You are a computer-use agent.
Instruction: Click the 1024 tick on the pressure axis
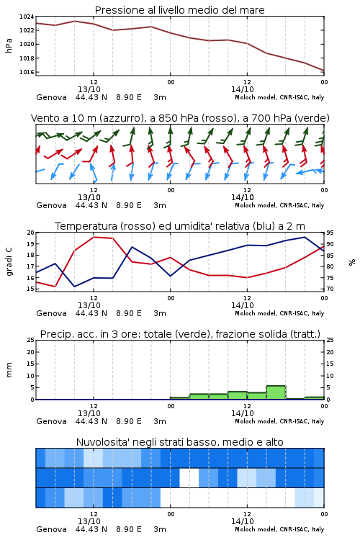(x=27, y=17)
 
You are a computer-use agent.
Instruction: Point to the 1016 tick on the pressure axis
(x=27, y=72)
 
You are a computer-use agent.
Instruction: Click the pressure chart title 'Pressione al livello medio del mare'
(x=180, y=10)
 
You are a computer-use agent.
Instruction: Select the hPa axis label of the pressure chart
(x=9, y=45)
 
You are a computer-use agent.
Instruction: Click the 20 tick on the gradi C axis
(x=31, y=233)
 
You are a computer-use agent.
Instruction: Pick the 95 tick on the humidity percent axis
(x=330, y=233)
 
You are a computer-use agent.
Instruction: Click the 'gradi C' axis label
(x=9, y=261)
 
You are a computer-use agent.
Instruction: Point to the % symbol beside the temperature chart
(x=352, y=262)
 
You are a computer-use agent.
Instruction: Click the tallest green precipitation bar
(x=276, y=392)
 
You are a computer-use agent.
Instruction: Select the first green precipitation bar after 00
(x=180, y=398)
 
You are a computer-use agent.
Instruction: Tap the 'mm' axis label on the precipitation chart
(x=9, y=370)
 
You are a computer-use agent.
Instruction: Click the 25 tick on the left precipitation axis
(x=31, y=340)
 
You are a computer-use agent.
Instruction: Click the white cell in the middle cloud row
(x=189, y=477)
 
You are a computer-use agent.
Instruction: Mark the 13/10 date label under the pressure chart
(x=89, y=89)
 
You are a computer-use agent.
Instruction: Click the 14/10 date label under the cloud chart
(x=243, y=521)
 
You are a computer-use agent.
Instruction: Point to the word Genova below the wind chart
(x=51, y=205)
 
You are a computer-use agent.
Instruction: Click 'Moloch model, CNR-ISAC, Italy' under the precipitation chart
(x=279, y=421)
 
